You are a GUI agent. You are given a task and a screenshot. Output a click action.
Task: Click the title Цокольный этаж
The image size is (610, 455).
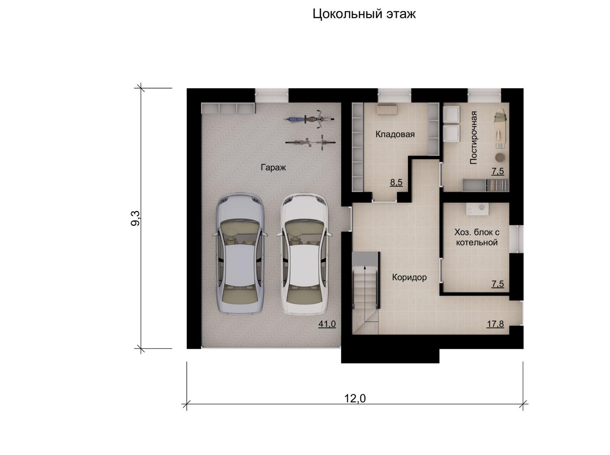pyautogui.click(x=364, y=14)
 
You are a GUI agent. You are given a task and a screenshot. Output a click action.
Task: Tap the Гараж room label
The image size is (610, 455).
pyautogui.click(x=273, y=167)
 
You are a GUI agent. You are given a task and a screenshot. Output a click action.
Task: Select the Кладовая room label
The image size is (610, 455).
pyautogui.click(x=395, y=135)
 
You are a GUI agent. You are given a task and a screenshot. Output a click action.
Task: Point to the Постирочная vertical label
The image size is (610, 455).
pyautogui.click(x=474, y=138)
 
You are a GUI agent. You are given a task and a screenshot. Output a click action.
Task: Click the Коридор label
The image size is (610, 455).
pyautogui.click(x=409, y=277)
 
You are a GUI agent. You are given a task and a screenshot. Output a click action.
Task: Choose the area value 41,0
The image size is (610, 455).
pyautogui.click(x=327, y=324)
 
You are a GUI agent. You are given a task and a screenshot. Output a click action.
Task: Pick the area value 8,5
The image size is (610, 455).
pyautogui.click(x=396, y=182)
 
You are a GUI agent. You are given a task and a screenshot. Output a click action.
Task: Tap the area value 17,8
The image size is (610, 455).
pyautogui.click(x=495, y=324)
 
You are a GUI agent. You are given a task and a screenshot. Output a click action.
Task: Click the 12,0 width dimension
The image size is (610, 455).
pyautogui.click(x=355, y=398)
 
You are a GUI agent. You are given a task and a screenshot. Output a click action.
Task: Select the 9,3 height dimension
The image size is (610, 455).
pyautogui.click(x=136, y=218)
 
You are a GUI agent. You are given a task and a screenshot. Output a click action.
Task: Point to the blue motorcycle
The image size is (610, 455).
pyautogui.click(x=309, y=119)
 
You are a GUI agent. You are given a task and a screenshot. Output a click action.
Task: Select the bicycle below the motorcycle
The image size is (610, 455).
pyautogui.click(x=311, y=142)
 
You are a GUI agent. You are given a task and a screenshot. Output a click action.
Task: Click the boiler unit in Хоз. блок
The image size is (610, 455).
pyautogui.click(x=477, y=209)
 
